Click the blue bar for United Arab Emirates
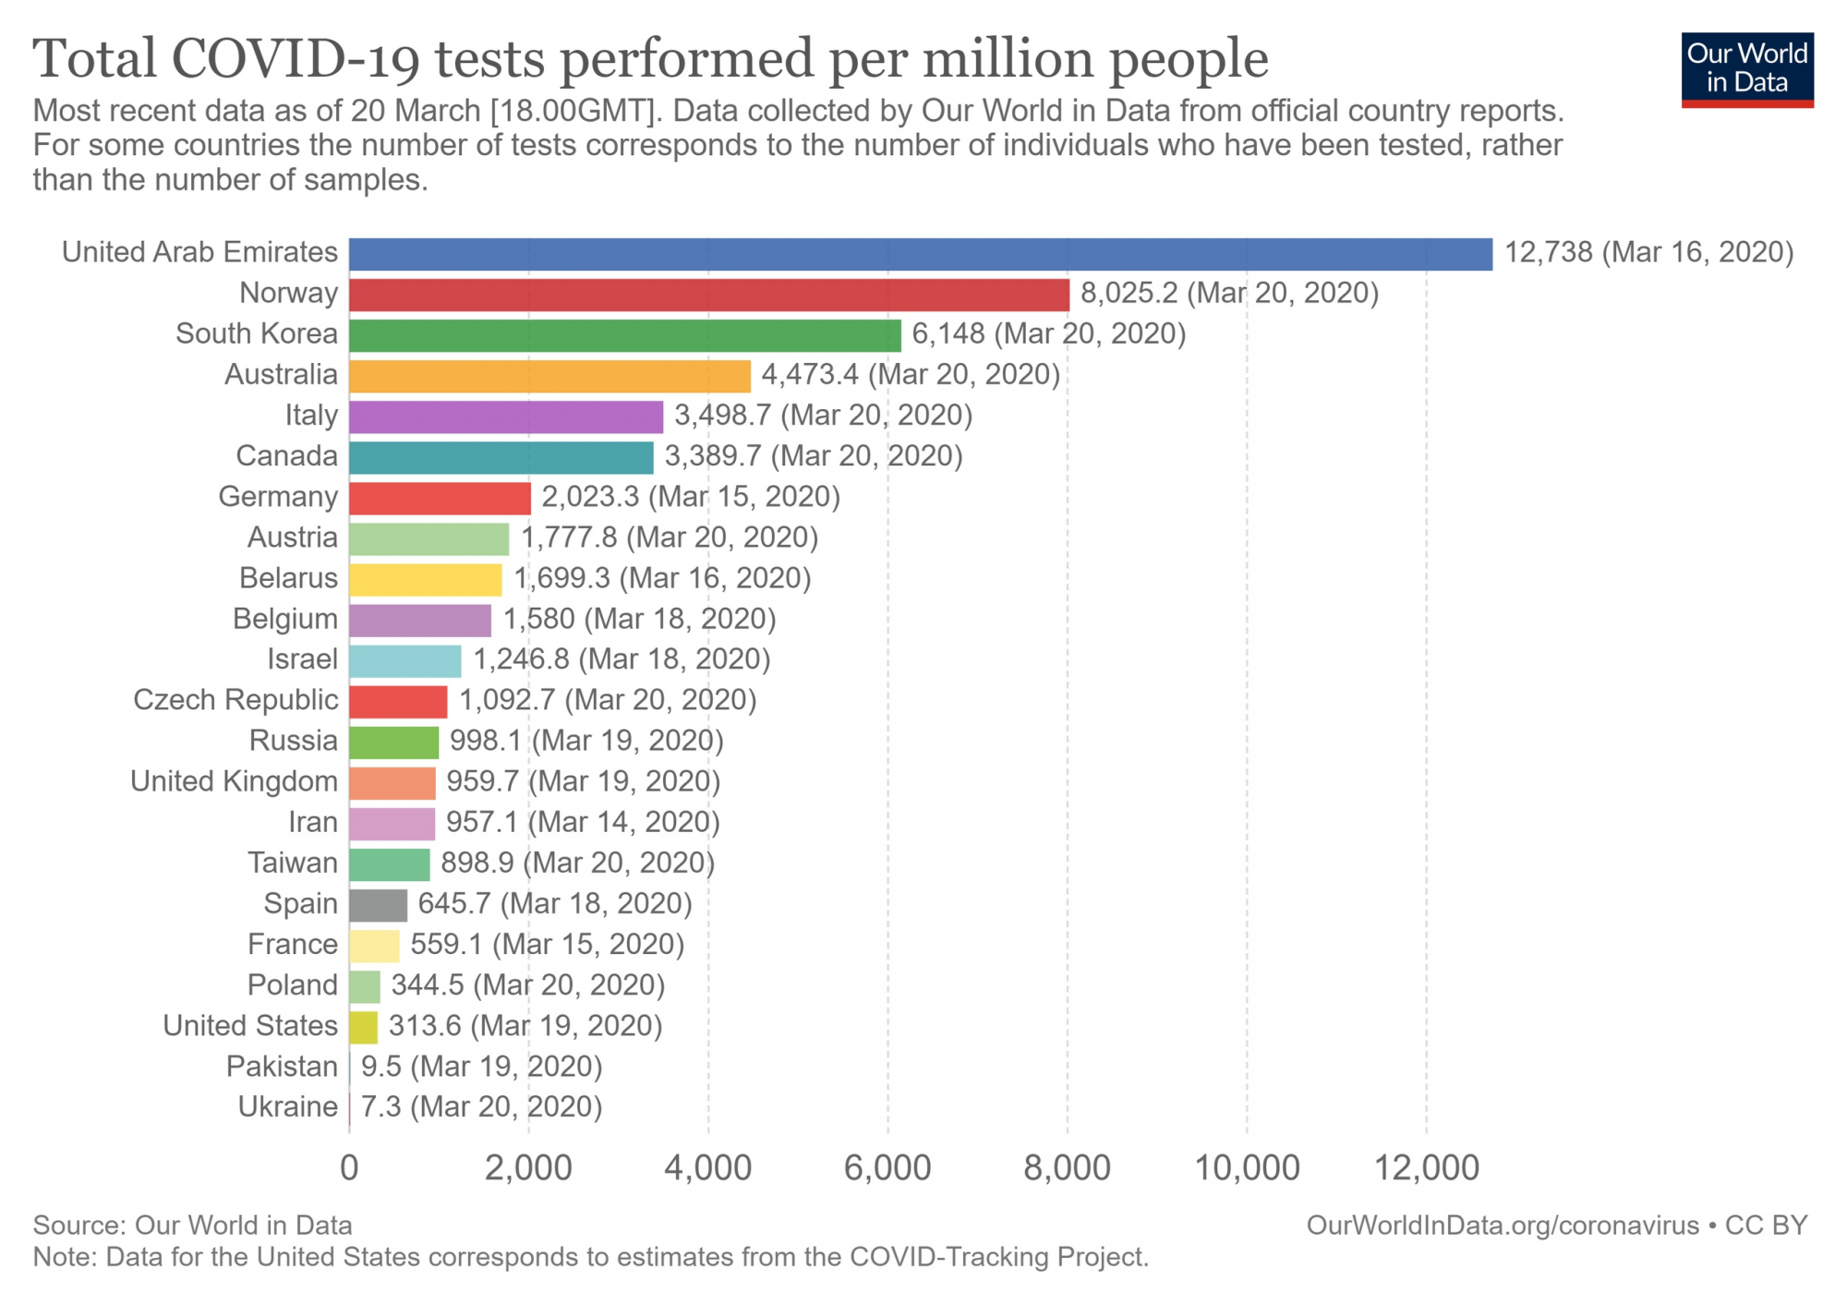pos(920,254)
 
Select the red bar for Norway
pos(708,295)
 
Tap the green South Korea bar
pos(624,335)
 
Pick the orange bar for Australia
pos(549,376)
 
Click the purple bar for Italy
pos(505,417)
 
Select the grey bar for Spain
pos(378,905)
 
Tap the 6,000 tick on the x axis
pos(887,1168)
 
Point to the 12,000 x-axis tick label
pos(1427,1168)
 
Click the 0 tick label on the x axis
pos(349,1168)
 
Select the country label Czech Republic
pos(235,700)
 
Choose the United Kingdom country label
pos(234,781)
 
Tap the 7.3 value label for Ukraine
pos(380,1107)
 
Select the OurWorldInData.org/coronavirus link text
pos(1502,1226)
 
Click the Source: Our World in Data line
pos(192,1226)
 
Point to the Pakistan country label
pos(282,1067)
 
